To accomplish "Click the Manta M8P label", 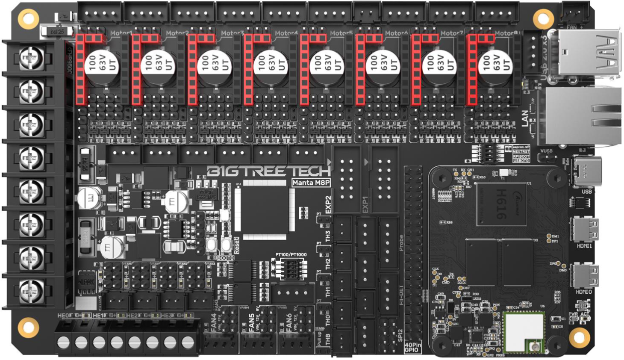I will (x=311, y=183).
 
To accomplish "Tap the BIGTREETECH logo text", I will (x=268, y=171).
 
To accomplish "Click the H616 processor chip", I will (x=500, y=204).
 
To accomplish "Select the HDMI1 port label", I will (x=584, y=246).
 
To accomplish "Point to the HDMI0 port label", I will (x=584, y=292).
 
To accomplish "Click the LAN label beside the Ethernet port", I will (x=526, y=118).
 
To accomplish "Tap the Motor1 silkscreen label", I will (x=121, y=33).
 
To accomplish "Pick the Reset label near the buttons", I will (x=236, y=245).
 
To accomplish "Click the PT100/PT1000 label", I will (x=291, y=255).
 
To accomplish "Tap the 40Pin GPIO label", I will (x=412, y=347).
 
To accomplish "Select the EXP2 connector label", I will (x=328, y=205).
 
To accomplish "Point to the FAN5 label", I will (x=252, y=323).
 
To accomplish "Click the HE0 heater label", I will (x=63, y=316).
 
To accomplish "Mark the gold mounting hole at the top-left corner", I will (x=28, y=18).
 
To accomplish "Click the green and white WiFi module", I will (x=524, y=332).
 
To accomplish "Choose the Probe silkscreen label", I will (x=401, y=243).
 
